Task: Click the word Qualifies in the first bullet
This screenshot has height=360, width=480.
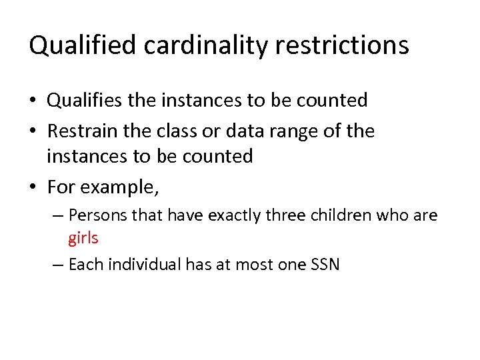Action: pos(85,101)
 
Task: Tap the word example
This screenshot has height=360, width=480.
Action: pos(120,187)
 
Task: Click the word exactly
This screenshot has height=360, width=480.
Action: pos(231,216)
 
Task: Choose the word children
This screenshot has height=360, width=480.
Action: pos(342,216)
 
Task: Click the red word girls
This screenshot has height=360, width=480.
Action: pos(83,239)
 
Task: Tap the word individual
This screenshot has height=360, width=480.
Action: pos(141,265)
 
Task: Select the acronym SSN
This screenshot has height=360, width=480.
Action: pos(325,265)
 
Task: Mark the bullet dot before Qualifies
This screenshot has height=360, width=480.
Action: pos(33,101)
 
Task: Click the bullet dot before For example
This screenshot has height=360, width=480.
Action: pos(33,188)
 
